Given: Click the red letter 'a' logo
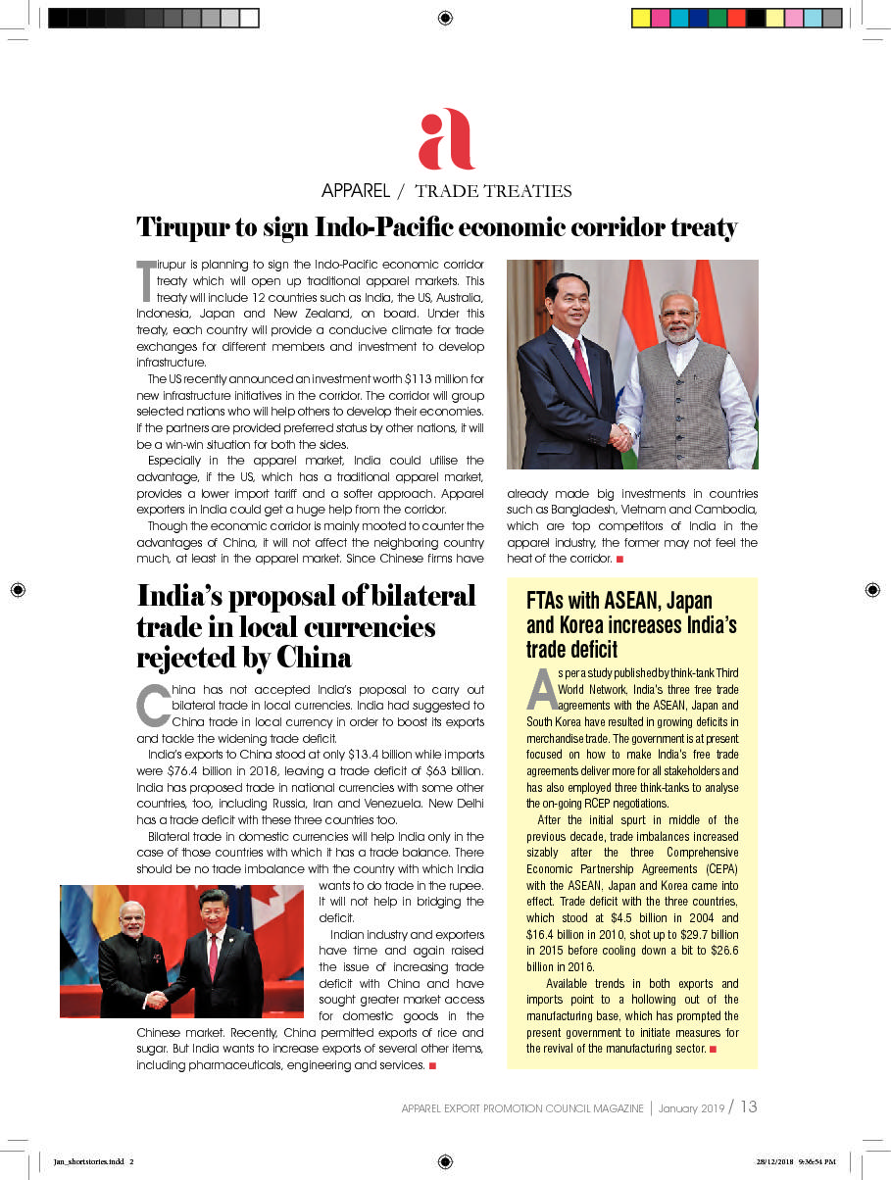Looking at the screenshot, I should [446, 140].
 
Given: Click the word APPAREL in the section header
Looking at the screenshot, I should [356, 190].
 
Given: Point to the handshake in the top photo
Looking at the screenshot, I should [620, 436].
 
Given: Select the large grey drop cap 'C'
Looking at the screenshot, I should [152, 705].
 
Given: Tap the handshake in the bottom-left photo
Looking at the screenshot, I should [156, 999].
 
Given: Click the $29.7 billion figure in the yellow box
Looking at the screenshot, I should [709, 934].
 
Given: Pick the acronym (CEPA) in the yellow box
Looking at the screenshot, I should [714, 869].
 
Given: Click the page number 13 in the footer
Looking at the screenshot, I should [748, 1106].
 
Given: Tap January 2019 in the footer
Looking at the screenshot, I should [692, 1108].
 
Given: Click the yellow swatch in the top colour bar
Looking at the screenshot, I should [641, 18].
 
